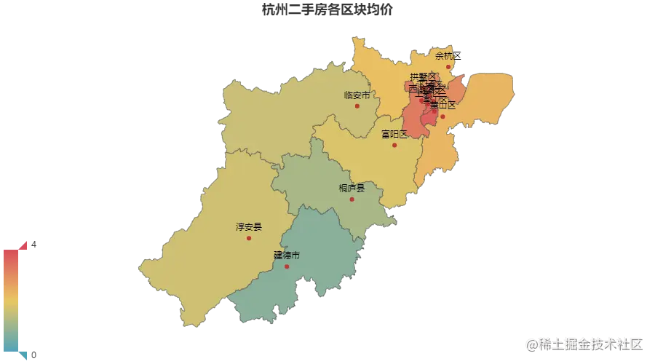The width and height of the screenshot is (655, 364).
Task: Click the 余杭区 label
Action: click(x=447, y=55)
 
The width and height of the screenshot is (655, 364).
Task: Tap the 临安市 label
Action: click(x=357, y=95)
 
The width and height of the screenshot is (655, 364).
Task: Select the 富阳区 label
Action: click(x=394, y=134)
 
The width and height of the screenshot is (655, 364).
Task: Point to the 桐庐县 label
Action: click(x=352, y=188)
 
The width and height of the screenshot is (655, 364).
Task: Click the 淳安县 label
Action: click(x=248, y=227)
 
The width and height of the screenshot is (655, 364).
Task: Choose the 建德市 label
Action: click(x=287, y=255)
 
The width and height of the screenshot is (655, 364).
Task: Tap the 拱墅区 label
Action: click(x=422, y=76)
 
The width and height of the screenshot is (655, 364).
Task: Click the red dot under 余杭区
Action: click(x=448, y=67)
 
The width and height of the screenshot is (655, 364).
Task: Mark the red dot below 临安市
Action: click(x=357, y=106)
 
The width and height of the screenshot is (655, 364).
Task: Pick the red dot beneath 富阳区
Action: click(x=394, y=145)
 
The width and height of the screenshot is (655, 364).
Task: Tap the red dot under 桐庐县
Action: click(x=352, y=199)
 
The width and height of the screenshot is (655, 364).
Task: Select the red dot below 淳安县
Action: click(x=249, y=238)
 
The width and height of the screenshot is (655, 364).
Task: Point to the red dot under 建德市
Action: click(x=287, y=266)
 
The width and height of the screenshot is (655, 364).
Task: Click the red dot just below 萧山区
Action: click(x=442, y=116)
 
